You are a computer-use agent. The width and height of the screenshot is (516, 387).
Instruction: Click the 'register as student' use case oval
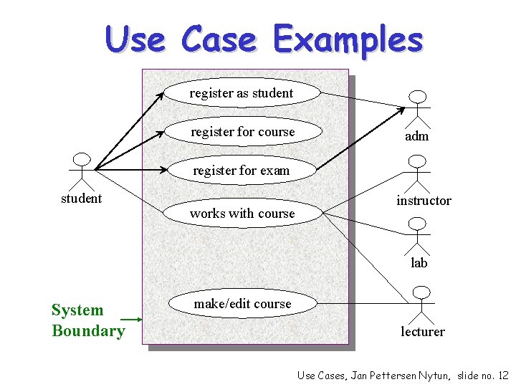pos(242,93)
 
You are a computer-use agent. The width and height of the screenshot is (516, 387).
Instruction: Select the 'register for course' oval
pos(242,132)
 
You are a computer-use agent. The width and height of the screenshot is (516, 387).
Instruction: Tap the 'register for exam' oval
pos(242,171)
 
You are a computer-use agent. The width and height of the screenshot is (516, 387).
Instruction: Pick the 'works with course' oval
pos(242,213)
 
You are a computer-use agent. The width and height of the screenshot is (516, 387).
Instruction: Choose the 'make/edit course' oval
pos(242,304)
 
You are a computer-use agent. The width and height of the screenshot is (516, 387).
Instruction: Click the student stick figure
pos(82,171)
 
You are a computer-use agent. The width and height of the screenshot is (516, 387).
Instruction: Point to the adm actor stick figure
pos(417,108)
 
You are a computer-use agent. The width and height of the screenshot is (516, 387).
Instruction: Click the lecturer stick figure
pos(423,304)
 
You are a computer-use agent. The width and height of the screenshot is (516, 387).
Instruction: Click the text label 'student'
pos(81,199)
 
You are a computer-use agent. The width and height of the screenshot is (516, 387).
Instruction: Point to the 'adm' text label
pos(417,136)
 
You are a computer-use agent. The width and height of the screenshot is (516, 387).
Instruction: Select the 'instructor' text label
pos(424,201)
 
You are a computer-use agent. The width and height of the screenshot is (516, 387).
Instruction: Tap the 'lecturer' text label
pos(423,332)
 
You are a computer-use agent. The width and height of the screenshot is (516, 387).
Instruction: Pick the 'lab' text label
pos(419,263)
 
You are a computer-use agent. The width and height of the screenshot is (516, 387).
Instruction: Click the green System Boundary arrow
pos(131,319)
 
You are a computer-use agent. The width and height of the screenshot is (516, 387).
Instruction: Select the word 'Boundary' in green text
pos(88,331)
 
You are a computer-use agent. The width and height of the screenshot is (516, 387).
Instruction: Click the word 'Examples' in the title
pos(348,39)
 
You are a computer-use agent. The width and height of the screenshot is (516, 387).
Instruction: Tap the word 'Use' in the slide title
pos(135,39)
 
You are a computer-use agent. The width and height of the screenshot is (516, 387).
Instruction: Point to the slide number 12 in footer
pos(502,376)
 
